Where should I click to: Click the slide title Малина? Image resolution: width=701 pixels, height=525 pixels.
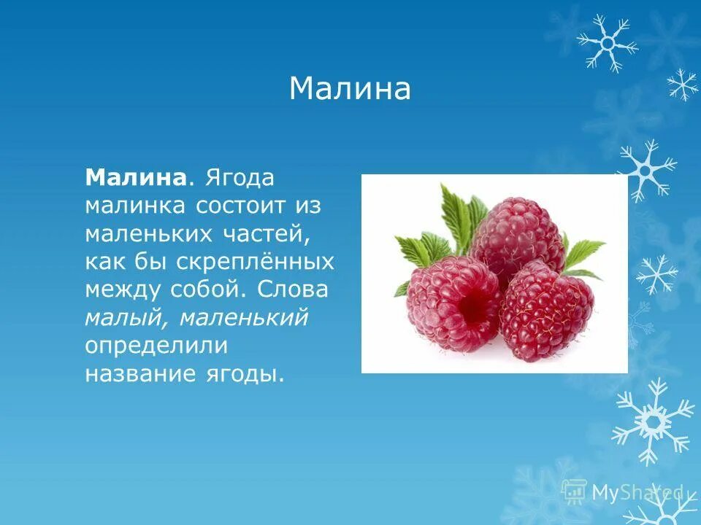(x=350, y=90)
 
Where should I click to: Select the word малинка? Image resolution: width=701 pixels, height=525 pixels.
(x=136, y=206)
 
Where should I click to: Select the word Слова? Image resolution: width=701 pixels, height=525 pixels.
(x=293, y=289)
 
